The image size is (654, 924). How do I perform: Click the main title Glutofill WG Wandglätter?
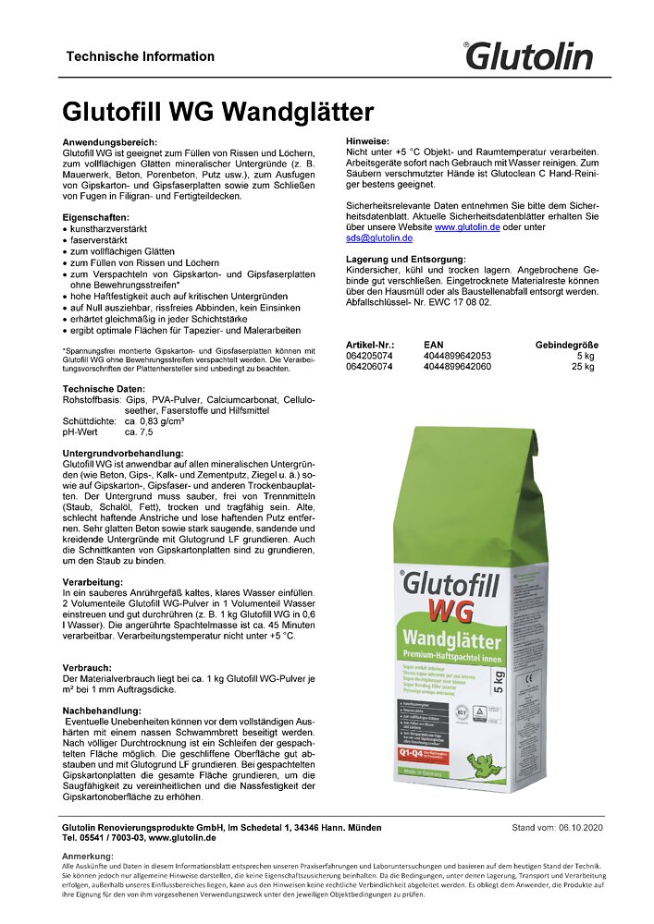[217, 113]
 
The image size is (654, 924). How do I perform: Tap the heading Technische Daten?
[104, 389]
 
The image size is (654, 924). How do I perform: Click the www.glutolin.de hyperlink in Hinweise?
[467, 225]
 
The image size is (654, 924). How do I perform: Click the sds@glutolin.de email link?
[379, 237]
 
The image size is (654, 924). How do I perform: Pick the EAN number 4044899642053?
[457, 356]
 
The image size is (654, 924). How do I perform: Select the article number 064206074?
[369, 366]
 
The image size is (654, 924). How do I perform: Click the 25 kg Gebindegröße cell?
[583, 366]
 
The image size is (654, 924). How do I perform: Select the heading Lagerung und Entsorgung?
[406, 258]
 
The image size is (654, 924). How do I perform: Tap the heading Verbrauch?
[87, 665]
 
